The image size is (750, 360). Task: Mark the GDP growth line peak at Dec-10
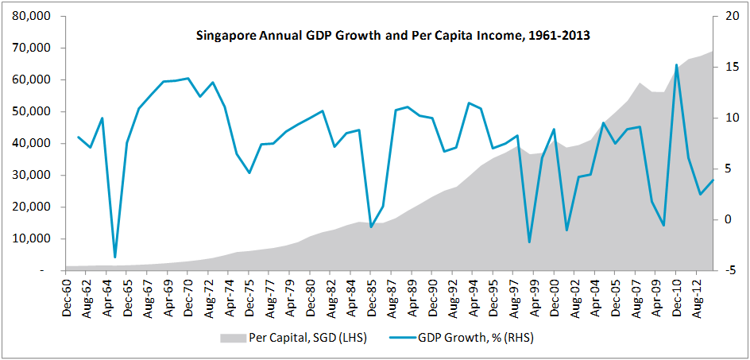click(676, 65)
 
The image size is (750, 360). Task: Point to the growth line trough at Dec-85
click(372, 227)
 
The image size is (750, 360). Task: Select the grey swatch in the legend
click(230, 336)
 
